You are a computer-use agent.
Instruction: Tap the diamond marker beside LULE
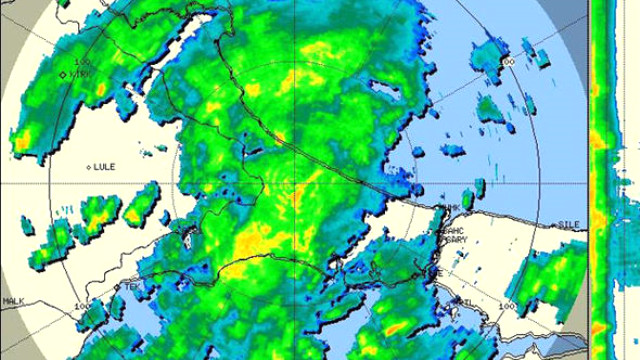point(89,167)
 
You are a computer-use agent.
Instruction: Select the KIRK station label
point(81,73)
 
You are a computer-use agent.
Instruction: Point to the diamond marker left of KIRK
point(63,74)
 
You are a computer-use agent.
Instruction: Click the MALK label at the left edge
point(13,301)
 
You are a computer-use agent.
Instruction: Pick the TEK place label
point(130,286)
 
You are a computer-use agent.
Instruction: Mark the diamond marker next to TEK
point(117,286)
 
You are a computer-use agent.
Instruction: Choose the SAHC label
point(455,230)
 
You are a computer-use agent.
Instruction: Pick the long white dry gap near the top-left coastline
point(185,50)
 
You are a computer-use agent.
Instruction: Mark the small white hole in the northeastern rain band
point(384,88)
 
